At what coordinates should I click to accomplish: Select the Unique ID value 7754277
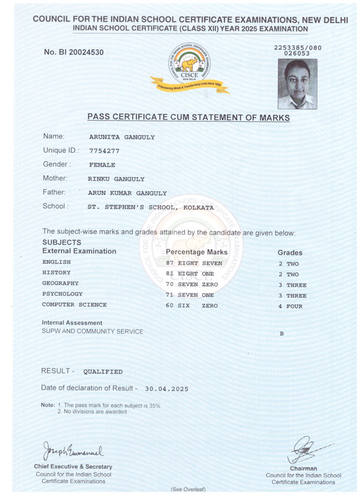click(x=104, y=151)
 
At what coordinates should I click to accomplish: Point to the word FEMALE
click(x=102, y=164)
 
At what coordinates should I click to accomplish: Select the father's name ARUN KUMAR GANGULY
click(x=127, y=193)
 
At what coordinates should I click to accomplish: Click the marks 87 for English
click(x=170, y=263)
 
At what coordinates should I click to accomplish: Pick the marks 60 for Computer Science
click(x=170, y=305)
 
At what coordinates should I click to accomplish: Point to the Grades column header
click(x=290, y=253)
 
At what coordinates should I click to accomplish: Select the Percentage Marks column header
click(x=197, y=252)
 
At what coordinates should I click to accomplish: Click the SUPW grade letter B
click(x=281, y=333)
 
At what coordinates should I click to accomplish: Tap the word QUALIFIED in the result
click(x=103, y=371)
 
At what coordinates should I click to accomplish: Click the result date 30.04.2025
click(x=166, y=389)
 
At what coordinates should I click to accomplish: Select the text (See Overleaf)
click(x=188, y=489)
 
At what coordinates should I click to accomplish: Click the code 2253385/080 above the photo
click(x=297, y=46)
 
